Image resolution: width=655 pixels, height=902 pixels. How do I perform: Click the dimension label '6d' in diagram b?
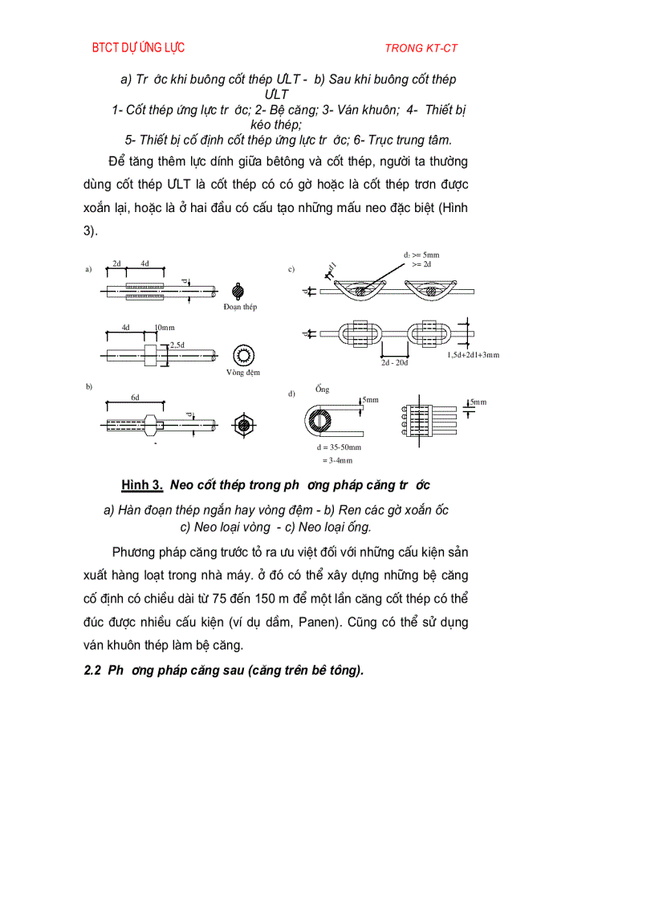click(x=136, y=398)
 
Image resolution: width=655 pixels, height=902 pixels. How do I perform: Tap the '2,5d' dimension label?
click(x=177, y=345)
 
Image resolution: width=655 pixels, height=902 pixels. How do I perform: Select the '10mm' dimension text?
click(x=164, y=328)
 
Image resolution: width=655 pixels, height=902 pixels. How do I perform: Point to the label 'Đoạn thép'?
click(x=241, y=307)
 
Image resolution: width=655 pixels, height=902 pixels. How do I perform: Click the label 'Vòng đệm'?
click(x=242, y=373)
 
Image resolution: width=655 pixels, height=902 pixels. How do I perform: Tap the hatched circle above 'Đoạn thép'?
click(x=239, y=290)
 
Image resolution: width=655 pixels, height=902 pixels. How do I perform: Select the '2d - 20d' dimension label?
click(x=395, y=362)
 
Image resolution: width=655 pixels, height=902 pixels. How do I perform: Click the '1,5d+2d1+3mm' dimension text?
click(x=473, y=354)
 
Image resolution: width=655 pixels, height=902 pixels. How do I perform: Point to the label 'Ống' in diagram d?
click(x=323, y=390)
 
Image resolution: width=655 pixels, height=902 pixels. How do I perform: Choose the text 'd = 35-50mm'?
click(x=339, y=447)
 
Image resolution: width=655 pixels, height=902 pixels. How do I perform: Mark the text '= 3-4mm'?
click(x=337, y=460)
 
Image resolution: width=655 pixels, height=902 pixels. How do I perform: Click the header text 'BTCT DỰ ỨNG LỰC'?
click(x=138, y=47)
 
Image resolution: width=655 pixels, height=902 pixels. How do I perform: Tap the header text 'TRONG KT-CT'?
click(x=421, y=48)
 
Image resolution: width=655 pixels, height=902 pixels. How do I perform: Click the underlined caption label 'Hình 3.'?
click(x=142, y=485)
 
